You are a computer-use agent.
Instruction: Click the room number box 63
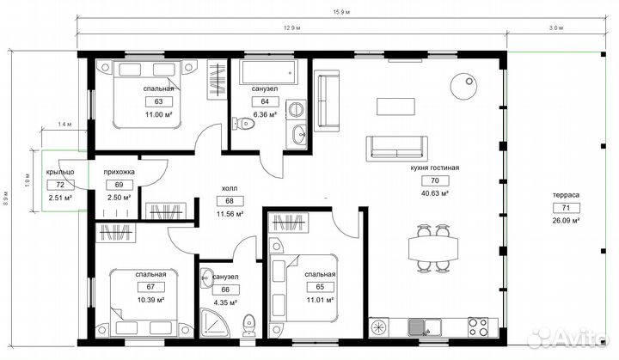[159, 102]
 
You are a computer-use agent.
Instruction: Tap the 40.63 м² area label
[435, 193]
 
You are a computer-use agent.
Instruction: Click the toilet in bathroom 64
[243, 124]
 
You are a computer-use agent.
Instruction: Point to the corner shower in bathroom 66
[215, 323]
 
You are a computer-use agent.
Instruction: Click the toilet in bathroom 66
[249, 326]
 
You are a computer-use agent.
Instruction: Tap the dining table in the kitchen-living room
[433, 248]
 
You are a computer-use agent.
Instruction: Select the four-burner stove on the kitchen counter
[478, 327]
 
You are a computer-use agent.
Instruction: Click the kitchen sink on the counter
[425, 327]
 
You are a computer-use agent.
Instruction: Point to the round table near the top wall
[464, 87]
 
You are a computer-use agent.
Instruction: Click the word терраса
[566, 195]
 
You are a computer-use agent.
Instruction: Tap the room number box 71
[566, 208]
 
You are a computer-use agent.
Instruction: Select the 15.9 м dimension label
[341, 12]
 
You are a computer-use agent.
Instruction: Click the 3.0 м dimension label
[556, 28]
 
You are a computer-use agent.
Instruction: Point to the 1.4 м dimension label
[64, 125]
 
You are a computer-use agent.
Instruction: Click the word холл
[230, 189]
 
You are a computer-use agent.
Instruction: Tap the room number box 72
[60, 185]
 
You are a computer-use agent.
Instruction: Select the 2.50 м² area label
[120, 198]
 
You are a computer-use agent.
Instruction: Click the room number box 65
[320, 287]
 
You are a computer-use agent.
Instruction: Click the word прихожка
[120, 172]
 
